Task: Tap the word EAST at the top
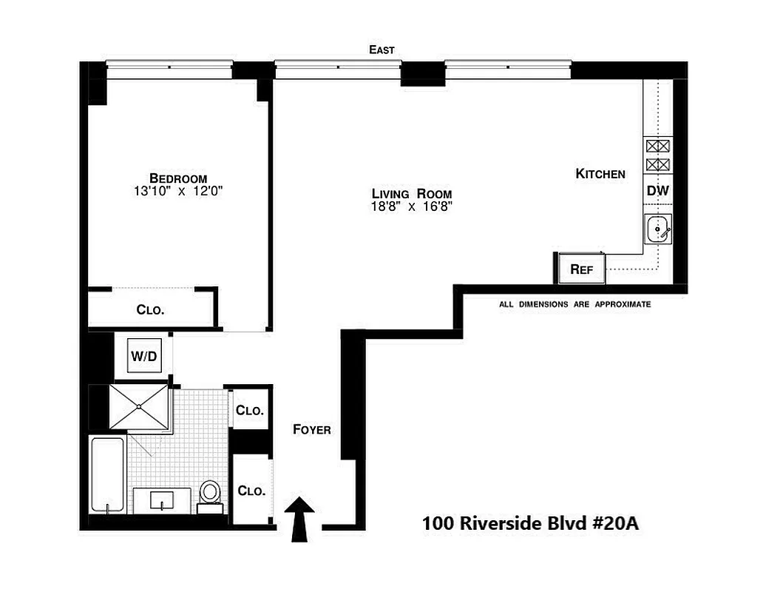point(382,50)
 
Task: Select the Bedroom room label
point(178,178)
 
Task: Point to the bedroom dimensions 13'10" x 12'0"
point(178,191)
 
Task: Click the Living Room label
point(412,193)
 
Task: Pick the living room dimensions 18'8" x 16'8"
point(412,206)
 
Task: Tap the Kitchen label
point(600,174)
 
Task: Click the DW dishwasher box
point(657,191)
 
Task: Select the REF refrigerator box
point(582,269)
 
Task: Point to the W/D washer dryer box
point(144,357)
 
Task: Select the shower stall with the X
point(140,407)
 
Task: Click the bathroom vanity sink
point(161,501)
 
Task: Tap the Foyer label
point(311,429)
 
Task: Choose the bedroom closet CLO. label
point(150,310)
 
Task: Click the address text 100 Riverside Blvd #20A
point(529,523)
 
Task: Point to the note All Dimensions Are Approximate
point(574,304)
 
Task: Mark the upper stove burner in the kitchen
point(657,146)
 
